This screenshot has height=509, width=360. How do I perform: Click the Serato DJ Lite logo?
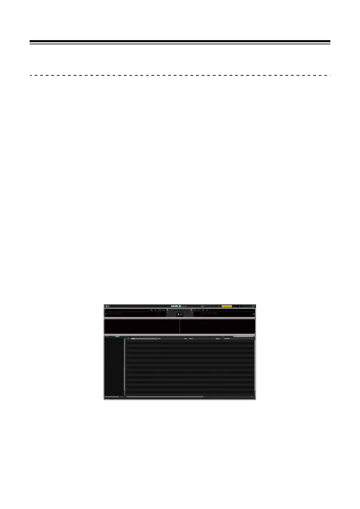tap(179, 306)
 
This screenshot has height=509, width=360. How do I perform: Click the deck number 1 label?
tap(106, 314)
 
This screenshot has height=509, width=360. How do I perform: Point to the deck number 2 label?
tap(254, 314)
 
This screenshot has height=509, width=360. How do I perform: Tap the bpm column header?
tap(186, 339)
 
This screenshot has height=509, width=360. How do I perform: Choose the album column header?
tap(191, 339)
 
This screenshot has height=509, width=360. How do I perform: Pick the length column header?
tap(218, 339)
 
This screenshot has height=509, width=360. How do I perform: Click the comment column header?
tap(227, 339)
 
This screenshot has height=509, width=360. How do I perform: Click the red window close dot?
tap(105, 306)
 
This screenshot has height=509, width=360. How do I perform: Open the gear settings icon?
tap(240, 306)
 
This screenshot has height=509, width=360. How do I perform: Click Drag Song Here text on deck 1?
tap(115, 313)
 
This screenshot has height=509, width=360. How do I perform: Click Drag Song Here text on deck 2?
tap(210, 313)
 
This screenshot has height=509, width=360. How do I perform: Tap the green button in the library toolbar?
tap(117, 337)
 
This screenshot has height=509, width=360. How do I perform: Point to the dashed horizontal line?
tap(180, 75)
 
